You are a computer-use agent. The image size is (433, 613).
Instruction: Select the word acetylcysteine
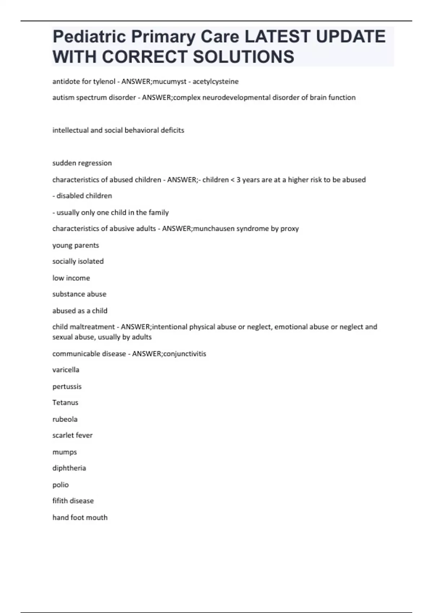tap(215, 81)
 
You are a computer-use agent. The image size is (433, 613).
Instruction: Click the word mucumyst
tap(169, 81)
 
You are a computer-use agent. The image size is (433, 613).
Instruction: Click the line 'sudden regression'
tap(82, 163)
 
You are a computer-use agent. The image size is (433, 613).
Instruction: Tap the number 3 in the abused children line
tap(238, 180)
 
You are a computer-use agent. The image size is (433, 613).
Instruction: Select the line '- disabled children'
tap(82, 196)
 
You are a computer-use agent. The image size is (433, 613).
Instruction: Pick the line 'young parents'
tap(75, 245)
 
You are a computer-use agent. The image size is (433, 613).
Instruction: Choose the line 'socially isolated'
tap(78, 261)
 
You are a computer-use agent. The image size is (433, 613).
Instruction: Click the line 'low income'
tap(71, 278)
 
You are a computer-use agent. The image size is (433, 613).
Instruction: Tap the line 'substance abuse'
tap(79, 294)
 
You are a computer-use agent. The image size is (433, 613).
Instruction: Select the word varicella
tap(66, 370)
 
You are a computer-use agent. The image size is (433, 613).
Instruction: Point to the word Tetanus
tap(65, 402)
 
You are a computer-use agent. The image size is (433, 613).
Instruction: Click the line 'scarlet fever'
tap(73, 435)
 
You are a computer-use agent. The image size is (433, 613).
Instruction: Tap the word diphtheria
tap(69, 468)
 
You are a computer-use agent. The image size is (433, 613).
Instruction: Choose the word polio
tap(61, 485)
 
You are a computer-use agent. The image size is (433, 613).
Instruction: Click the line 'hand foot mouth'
tap(80, 517)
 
